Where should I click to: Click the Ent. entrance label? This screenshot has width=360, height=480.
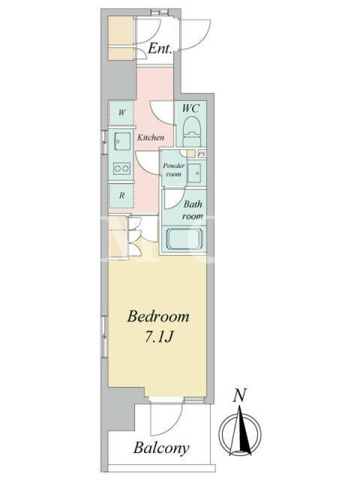pyautogui.click(x=160, y=49)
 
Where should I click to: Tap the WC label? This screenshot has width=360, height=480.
pyautogui.click(x=191, y=108)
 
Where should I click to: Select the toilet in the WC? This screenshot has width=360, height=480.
pyautogui.click(x=191, y=131)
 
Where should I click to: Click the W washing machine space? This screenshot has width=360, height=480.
pyautogui.click(x=122, y=113)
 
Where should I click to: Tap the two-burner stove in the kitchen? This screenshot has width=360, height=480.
pyautogui.click(x=122, y=168)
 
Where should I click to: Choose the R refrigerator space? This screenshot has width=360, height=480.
pyautogui.click(x=122, y=196)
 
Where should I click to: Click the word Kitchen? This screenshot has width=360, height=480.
pyautogui.click(x=151, y=137)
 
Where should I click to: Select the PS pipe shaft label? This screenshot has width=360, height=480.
pyautogui.click(x=201, y=154)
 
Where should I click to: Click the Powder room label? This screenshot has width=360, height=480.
pyautogui.click(x=173, y=170)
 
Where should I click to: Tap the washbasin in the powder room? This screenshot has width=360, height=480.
pyautogui.click(x=194, y=173)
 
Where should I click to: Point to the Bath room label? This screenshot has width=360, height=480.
pyautogui.click(x=193, y=210)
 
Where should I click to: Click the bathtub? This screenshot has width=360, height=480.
pyautogui.click(x=184, y=238)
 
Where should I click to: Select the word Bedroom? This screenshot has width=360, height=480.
pyautogui.click(x=158, y=316)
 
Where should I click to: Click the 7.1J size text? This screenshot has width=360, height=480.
pyautogui.click(x=159, y=337)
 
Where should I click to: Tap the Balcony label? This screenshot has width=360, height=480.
pyautogui.click(x=161, y=448)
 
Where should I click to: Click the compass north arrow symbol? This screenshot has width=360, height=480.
pyautogui.click(x=240, y=430)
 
